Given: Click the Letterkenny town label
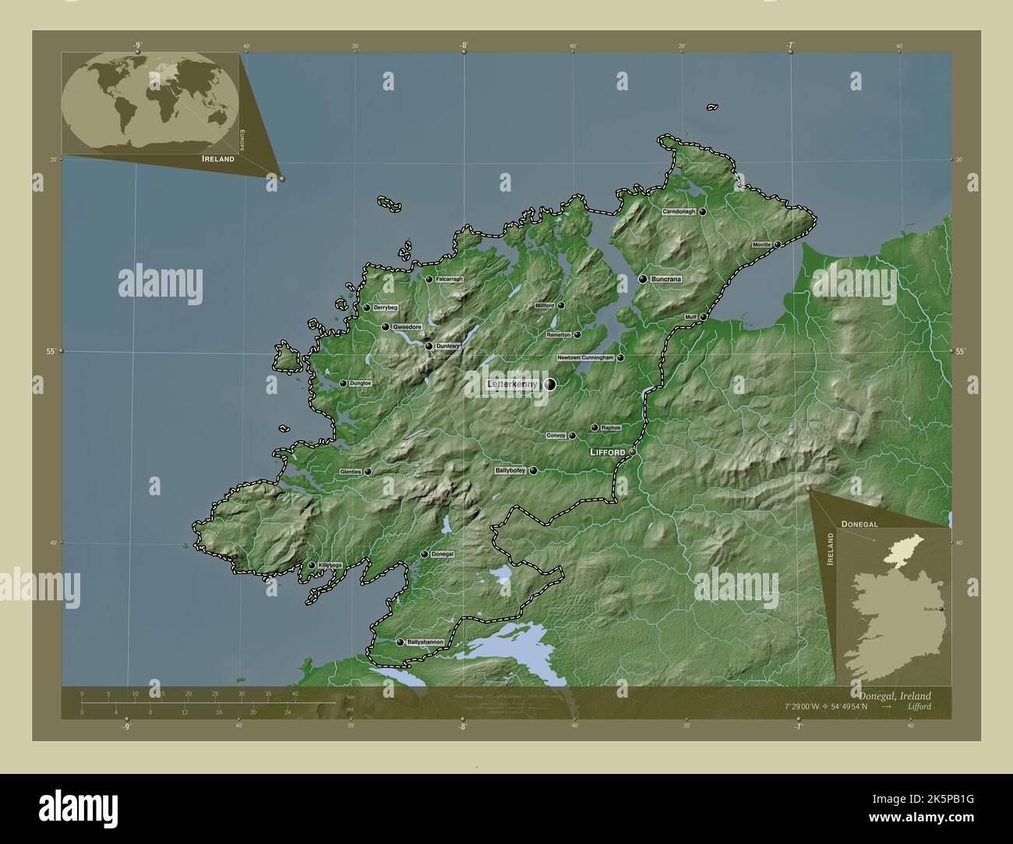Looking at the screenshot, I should click(511, 384).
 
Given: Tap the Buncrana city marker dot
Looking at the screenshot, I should click(643, 279).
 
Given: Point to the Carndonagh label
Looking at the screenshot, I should click(678, 212).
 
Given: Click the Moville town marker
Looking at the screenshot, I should click(777, 244).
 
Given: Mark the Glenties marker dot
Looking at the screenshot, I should click(368, 471).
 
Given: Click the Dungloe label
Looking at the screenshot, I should click(360, 383).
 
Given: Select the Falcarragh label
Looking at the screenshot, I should click(450, 279).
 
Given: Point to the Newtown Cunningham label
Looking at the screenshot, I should click(586, 358).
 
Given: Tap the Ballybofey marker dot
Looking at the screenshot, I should click(534, 470).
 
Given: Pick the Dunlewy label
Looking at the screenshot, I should click(447, 346).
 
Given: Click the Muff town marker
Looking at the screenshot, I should click(703, 317).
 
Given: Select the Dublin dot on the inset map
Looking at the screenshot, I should click(941, 608).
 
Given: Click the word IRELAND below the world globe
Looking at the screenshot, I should click(218, 158).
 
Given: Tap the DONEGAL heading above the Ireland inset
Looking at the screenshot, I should click(859, 525).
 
